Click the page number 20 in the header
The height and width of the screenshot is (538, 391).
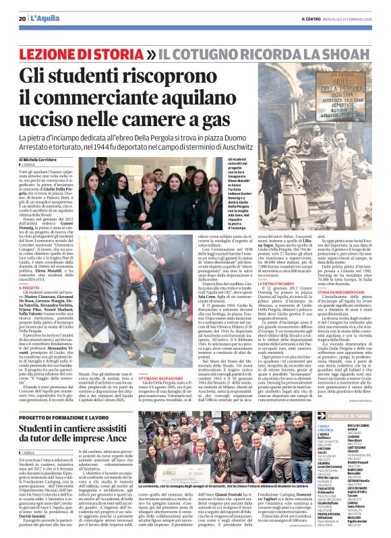tap(22, 18)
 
